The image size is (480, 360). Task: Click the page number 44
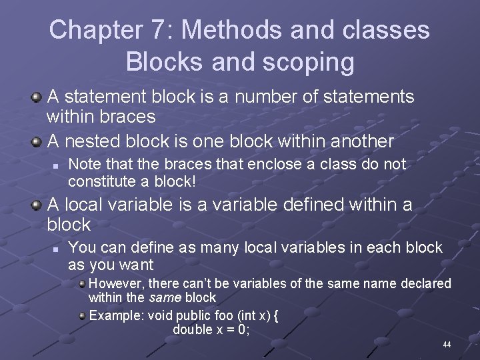(x=447, y=345)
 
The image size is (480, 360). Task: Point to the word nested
(x=94, y=141)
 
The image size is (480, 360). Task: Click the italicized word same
(x=165, y=298)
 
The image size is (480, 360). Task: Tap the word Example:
(x=116, y=315)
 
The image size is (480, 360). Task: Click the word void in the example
(x=160, y=315)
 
